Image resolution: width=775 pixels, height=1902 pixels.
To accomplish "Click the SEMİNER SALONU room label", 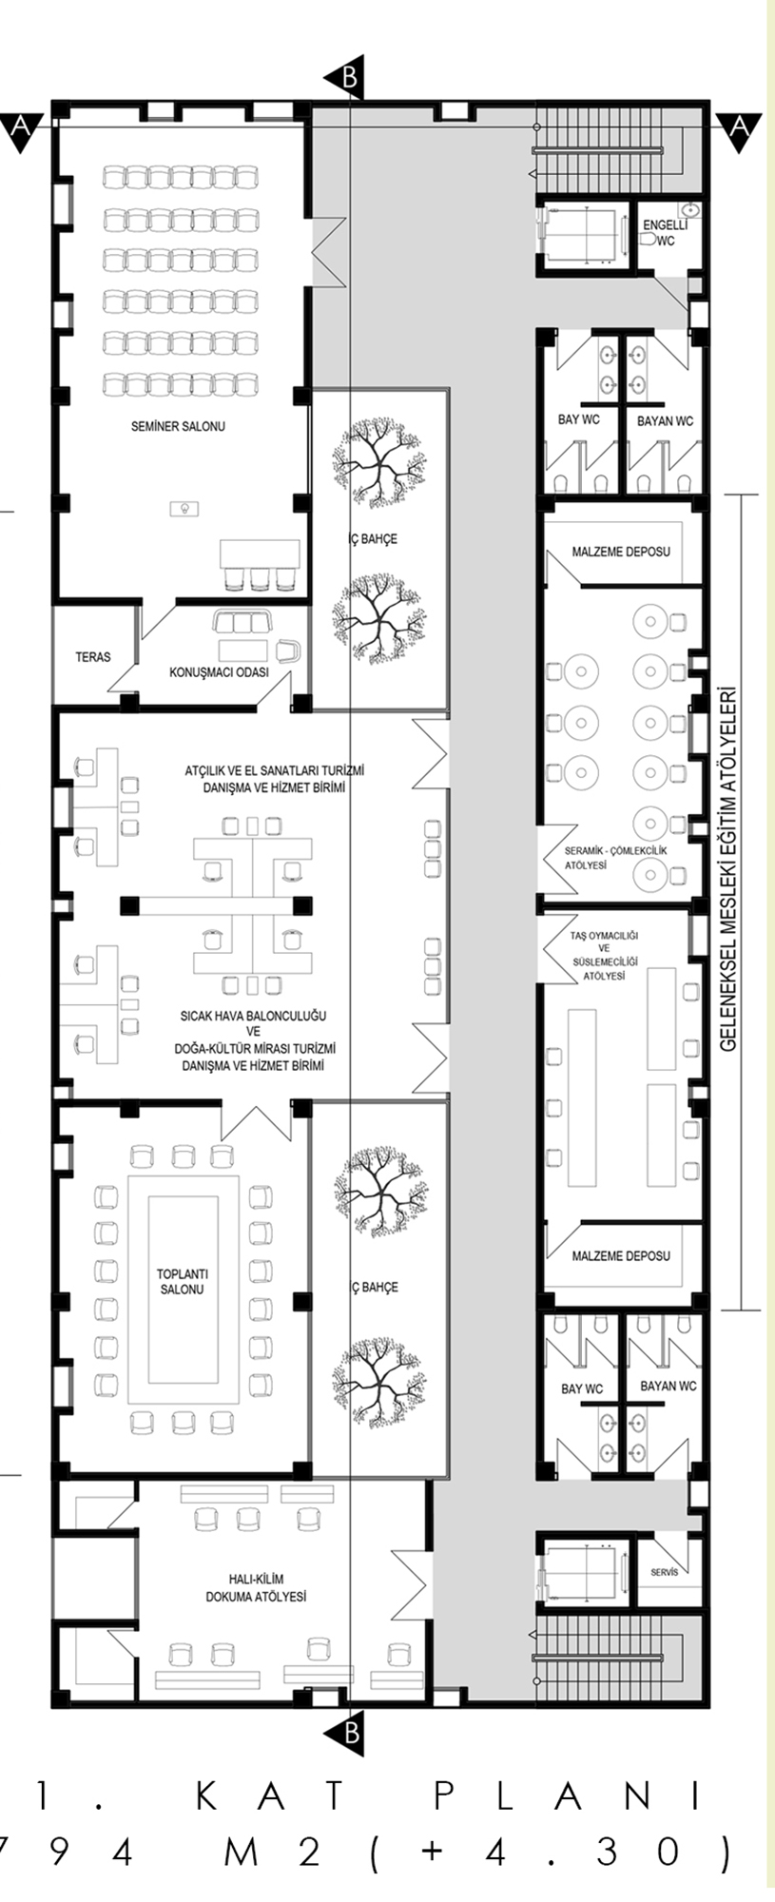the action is coord(178,427).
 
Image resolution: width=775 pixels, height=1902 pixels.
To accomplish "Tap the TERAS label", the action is coord(92,657).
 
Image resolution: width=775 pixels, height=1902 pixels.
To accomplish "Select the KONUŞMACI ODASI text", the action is coord(219,672).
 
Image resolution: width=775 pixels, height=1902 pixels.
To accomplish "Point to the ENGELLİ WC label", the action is coord(665,233).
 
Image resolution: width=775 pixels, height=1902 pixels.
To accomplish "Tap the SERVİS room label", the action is coord(665,1573).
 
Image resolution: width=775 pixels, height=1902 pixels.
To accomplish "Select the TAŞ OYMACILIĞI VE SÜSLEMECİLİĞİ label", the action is coord(604,956).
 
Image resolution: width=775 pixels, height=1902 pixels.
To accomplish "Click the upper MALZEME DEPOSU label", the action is coord(621,552).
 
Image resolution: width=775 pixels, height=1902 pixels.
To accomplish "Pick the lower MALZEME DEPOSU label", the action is coord(621,1256).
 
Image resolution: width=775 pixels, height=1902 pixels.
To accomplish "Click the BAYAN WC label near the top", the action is coord(665,421).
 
